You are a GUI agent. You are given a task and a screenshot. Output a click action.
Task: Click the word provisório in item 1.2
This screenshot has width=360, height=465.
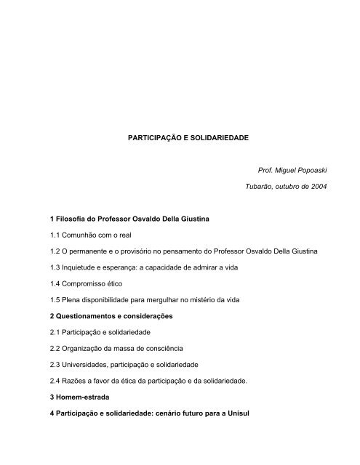coord(135,250)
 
